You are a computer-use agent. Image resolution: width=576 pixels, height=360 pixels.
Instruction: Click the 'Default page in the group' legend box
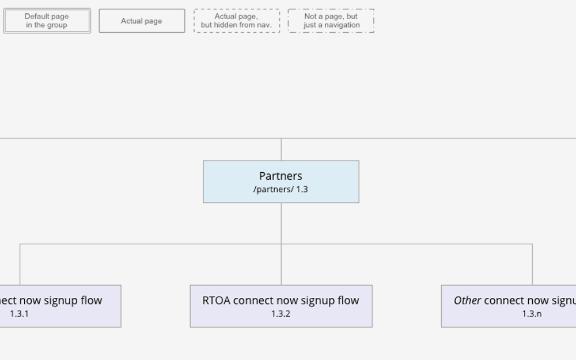(x=47, y=21)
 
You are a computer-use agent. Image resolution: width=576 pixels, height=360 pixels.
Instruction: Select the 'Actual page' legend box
(x=142, y=21)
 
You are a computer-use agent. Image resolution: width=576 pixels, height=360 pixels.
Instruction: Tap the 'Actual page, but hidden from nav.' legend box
(x=236, y=21)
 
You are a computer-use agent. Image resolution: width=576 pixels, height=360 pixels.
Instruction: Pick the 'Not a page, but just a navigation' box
(x=331, y=21)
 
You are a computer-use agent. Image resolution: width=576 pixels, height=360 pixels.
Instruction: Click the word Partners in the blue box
(x=281, y=176)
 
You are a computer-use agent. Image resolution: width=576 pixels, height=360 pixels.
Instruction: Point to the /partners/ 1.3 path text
(x=281, y=190)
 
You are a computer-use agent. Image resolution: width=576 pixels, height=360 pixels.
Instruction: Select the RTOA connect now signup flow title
(x=281, y=300)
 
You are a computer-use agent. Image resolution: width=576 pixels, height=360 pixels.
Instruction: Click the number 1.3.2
(x=281, y=314)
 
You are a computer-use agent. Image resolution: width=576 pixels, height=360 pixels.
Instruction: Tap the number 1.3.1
(x=19, y=314)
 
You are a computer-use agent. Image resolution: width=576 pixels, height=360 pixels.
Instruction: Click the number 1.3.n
(x=532, y=314)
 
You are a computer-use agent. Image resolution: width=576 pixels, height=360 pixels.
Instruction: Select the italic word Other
(x=467, y=300)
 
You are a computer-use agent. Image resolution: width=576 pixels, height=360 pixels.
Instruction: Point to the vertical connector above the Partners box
(x=281, y=149)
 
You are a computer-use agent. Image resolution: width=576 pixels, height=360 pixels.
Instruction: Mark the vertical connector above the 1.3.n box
(x=532, y=265)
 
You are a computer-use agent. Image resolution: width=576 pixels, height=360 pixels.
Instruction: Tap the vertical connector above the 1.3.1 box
(x=20, y=265)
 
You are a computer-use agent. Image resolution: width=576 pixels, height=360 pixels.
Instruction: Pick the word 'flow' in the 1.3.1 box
(x=92, y=300)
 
